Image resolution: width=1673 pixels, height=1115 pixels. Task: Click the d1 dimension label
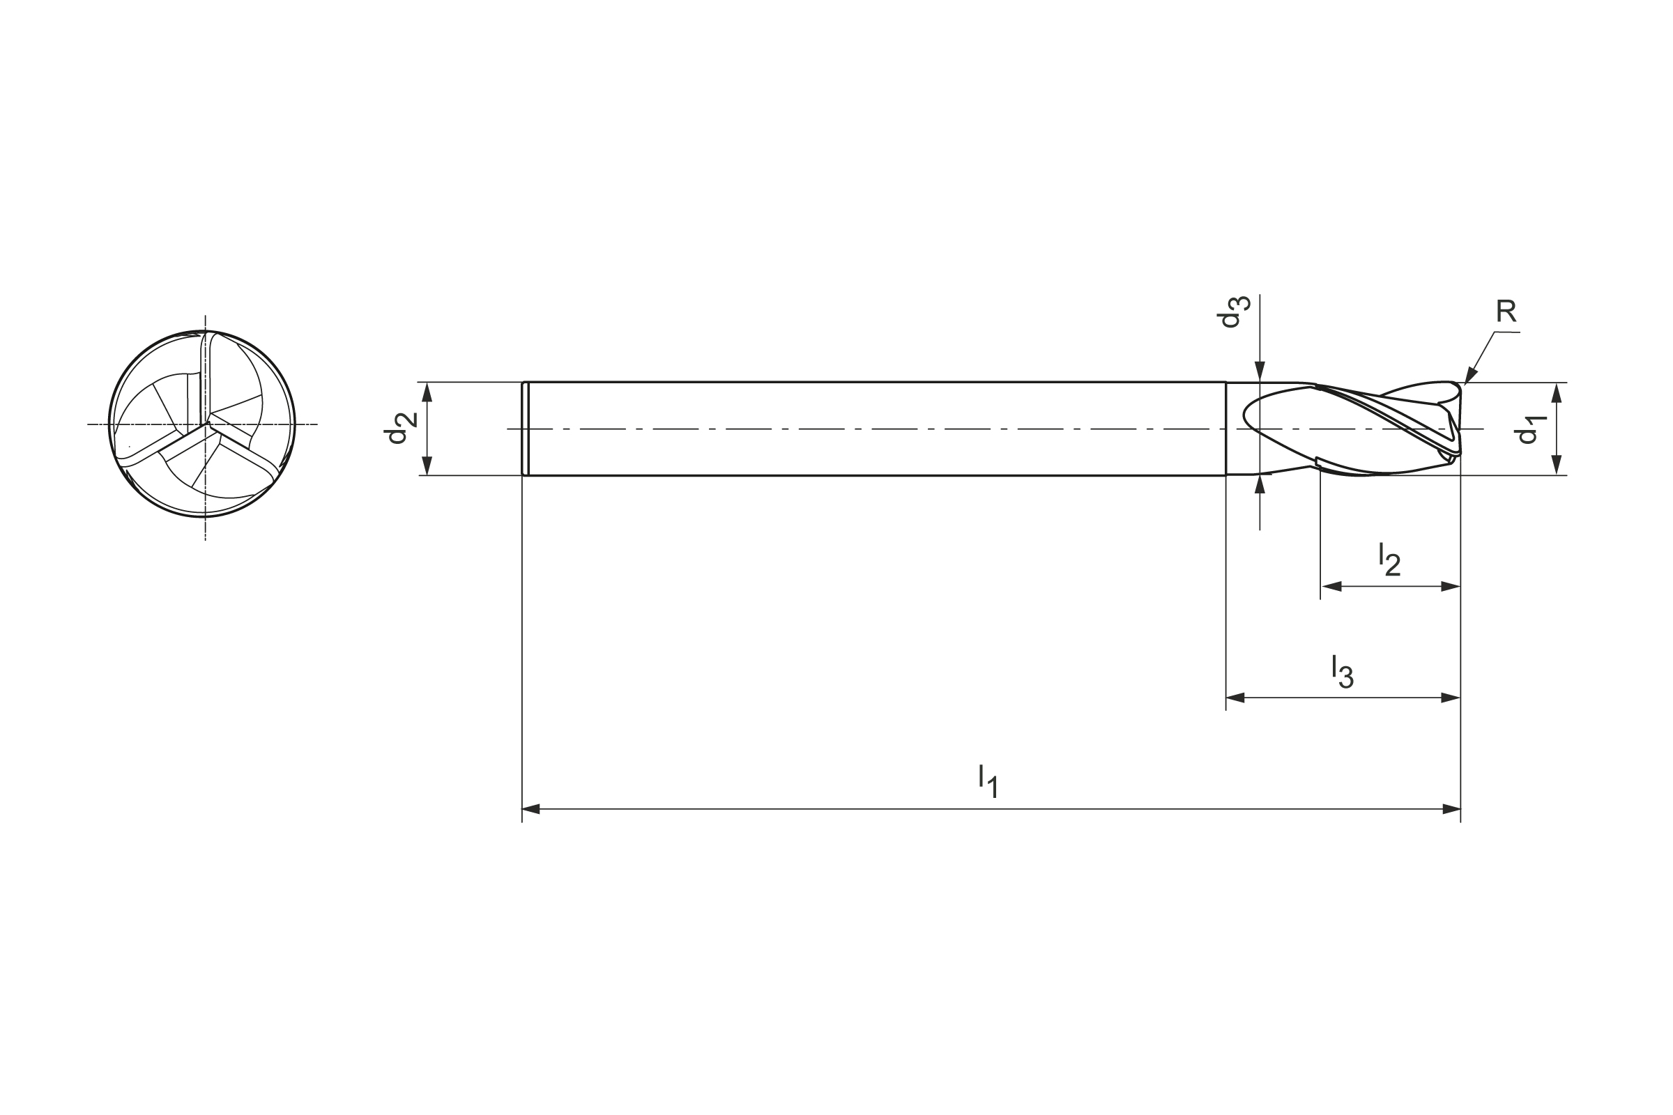(1527, 429)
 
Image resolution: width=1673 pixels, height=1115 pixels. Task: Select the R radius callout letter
(1505, 312)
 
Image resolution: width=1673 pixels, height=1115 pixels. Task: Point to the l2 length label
(1389, 559)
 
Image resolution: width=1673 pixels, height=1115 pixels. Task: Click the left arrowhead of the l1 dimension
(531, 808)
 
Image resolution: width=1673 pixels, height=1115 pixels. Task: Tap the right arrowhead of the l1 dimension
(1451, 808)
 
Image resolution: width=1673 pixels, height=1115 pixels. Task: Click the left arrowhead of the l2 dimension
(1331, 587)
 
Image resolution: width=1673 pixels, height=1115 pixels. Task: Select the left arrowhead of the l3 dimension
(1235, 698)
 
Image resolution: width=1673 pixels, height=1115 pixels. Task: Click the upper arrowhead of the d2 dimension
(427, 392)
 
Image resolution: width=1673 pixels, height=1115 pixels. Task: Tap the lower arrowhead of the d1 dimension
(1557, 464)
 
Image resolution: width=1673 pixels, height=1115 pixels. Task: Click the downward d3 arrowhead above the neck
(1260, 372)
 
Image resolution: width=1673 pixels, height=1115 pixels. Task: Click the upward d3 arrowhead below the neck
(1260, 484)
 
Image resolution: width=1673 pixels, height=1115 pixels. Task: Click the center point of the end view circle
(206, 424)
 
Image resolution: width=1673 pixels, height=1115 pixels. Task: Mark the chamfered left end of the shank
(525, 428)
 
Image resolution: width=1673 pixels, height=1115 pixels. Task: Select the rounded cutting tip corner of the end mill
(1458, 387)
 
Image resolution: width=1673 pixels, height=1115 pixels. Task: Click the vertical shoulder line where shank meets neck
(1225, 428)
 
